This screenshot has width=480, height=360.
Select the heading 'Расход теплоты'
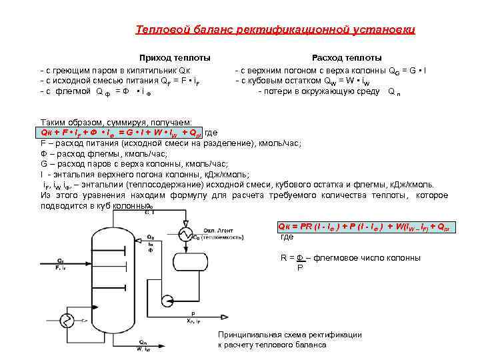click(347, 58)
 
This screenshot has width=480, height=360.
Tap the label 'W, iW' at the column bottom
click(143, 348)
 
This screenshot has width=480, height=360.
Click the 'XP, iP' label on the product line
click(195, 321)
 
